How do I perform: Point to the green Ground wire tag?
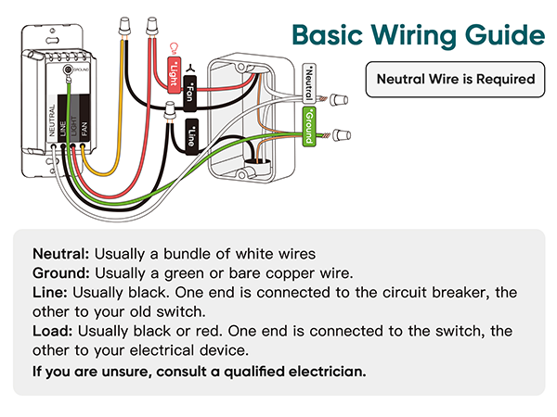[x=309, y=126]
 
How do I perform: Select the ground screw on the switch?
[x=68, y=69]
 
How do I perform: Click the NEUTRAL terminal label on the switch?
[x=51, y=121]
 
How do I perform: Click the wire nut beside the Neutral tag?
[x=340, y=95]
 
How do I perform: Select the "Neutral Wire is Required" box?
[x=456, y=79]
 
